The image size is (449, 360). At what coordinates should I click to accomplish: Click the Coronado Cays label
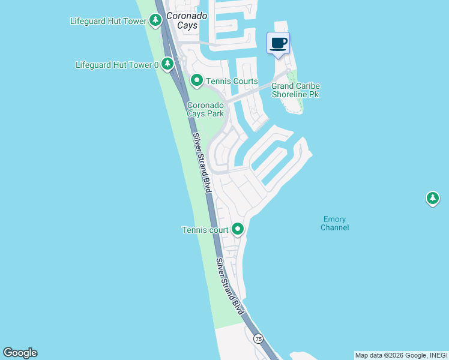point(186,20)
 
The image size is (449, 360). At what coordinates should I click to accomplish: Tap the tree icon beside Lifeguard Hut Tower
point(155,21)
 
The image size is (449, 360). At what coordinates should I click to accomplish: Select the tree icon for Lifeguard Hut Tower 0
point(167,63)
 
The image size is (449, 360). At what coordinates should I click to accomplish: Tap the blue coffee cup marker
point(278,43)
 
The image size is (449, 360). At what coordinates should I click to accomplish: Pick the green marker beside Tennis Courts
point(196,80)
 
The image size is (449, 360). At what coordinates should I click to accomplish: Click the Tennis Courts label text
point(232,81)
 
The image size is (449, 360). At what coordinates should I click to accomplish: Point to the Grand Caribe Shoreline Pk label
point(295,90)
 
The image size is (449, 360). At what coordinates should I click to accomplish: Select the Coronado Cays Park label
point(205,109)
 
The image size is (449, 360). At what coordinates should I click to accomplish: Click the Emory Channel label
point(334,223)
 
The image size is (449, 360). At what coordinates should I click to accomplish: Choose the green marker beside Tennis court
point(238,229)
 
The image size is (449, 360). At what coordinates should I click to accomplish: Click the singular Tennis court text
point(205,230)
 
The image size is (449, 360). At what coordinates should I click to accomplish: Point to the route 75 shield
point(258,339)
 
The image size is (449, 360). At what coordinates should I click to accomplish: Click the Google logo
point(20,353)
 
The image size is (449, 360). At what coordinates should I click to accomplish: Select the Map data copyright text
point(401,355)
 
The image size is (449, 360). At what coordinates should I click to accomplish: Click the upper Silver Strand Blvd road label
point(203,162)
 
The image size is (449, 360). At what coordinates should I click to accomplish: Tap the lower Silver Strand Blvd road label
point(231,287)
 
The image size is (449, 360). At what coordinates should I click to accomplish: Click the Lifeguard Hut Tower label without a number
point(108,21)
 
